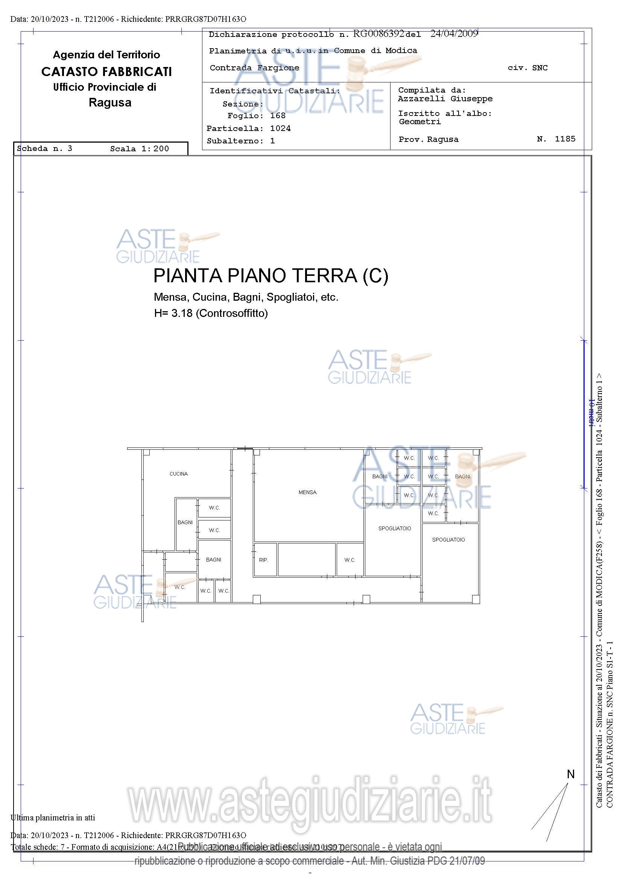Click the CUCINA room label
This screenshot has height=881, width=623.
tap(178, 474)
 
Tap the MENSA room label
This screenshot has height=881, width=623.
tap(307, 492)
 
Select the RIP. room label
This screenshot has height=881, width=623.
tap(263, 560)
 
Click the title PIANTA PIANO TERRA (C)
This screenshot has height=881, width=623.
tap(270, 275)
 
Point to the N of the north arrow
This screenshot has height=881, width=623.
tap(570, 774)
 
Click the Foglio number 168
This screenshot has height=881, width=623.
tap(278, 116)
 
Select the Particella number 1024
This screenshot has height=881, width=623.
tap(280, 128)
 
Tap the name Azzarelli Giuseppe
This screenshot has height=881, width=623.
tap(445, 99)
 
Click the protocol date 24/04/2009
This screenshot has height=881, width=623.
tap(454, 34)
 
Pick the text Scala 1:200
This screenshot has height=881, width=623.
tap(139, 149)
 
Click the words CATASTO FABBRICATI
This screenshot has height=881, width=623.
tap(106, 72)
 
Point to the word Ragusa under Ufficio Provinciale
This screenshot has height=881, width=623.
tap(110, 102)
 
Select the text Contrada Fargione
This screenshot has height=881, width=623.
tap(254, 68)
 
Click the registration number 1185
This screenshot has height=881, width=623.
tap(565, 138)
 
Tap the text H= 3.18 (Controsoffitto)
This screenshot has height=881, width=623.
tap(211, 313)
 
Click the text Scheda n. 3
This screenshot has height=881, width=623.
tap(44, 149)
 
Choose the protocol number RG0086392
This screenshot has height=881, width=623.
tap(378, 34)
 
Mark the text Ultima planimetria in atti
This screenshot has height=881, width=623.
tap(53, 818)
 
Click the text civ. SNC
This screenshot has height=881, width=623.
tap(527, 68)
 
